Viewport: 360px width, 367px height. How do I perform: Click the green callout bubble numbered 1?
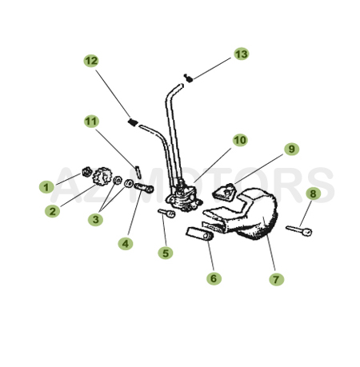(x=46, y=187)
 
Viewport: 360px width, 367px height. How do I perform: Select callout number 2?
(x=53, y=211)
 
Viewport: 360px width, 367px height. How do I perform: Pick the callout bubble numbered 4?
(x=125, y=242)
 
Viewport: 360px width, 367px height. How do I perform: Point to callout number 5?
(x=166, y=253)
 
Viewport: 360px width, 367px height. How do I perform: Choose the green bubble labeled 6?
(x=214, y=278)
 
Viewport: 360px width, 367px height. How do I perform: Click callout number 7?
(x=277, y=279)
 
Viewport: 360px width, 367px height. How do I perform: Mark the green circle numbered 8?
(x=313, y=193)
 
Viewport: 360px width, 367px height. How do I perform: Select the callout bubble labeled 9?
(x=291, y=149)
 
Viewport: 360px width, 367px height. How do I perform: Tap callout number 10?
(x=240, y=140)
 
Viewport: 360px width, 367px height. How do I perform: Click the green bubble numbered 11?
(x=92, y=122)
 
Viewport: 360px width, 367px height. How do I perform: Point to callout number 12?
(x=91, y=61)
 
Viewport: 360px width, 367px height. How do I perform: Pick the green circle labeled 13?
(x=241, y=54)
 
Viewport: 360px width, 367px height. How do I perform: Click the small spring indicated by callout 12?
(x=134, y=122)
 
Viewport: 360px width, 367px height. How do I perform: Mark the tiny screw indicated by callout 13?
(x=187, y=78)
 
